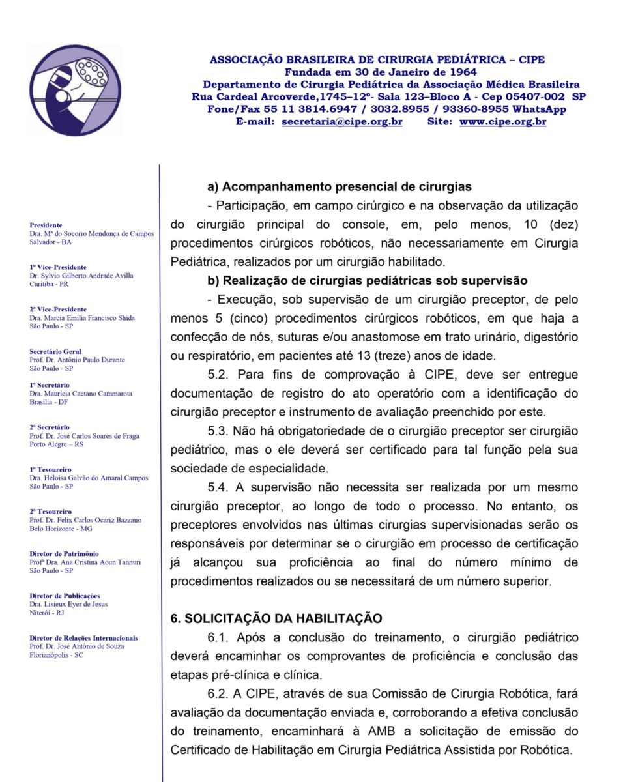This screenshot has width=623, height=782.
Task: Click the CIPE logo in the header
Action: [x=75, y=90]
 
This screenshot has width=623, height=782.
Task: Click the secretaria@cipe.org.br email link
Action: [x=341, y=121]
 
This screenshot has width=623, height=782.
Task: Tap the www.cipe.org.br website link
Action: [x=502, y=121]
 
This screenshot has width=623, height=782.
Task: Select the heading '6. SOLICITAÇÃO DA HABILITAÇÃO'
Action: [x=276, y=618]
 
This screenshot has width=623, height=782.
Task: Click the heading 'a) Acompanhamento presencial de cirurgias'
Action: [x=340, y=187]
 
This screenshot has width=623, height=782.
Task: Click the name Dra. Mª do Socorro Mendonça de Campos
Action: [x=92, y=233]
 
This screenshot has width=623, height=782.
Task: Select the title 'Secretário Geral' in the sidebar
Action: [x=55, y=351]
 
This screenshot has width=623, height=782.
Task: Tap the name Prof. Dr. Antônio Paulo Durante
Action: [x=78, y=360]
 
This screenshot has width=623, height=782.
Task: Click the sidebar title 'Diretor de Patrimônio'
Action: [x=65, y=554]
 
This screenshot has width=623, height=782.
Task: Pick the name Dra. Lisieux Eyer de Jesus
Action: [x=69, y=604]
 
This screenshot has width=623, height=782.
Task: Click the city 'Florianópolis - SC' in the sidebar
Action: [x=57, y=655]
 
